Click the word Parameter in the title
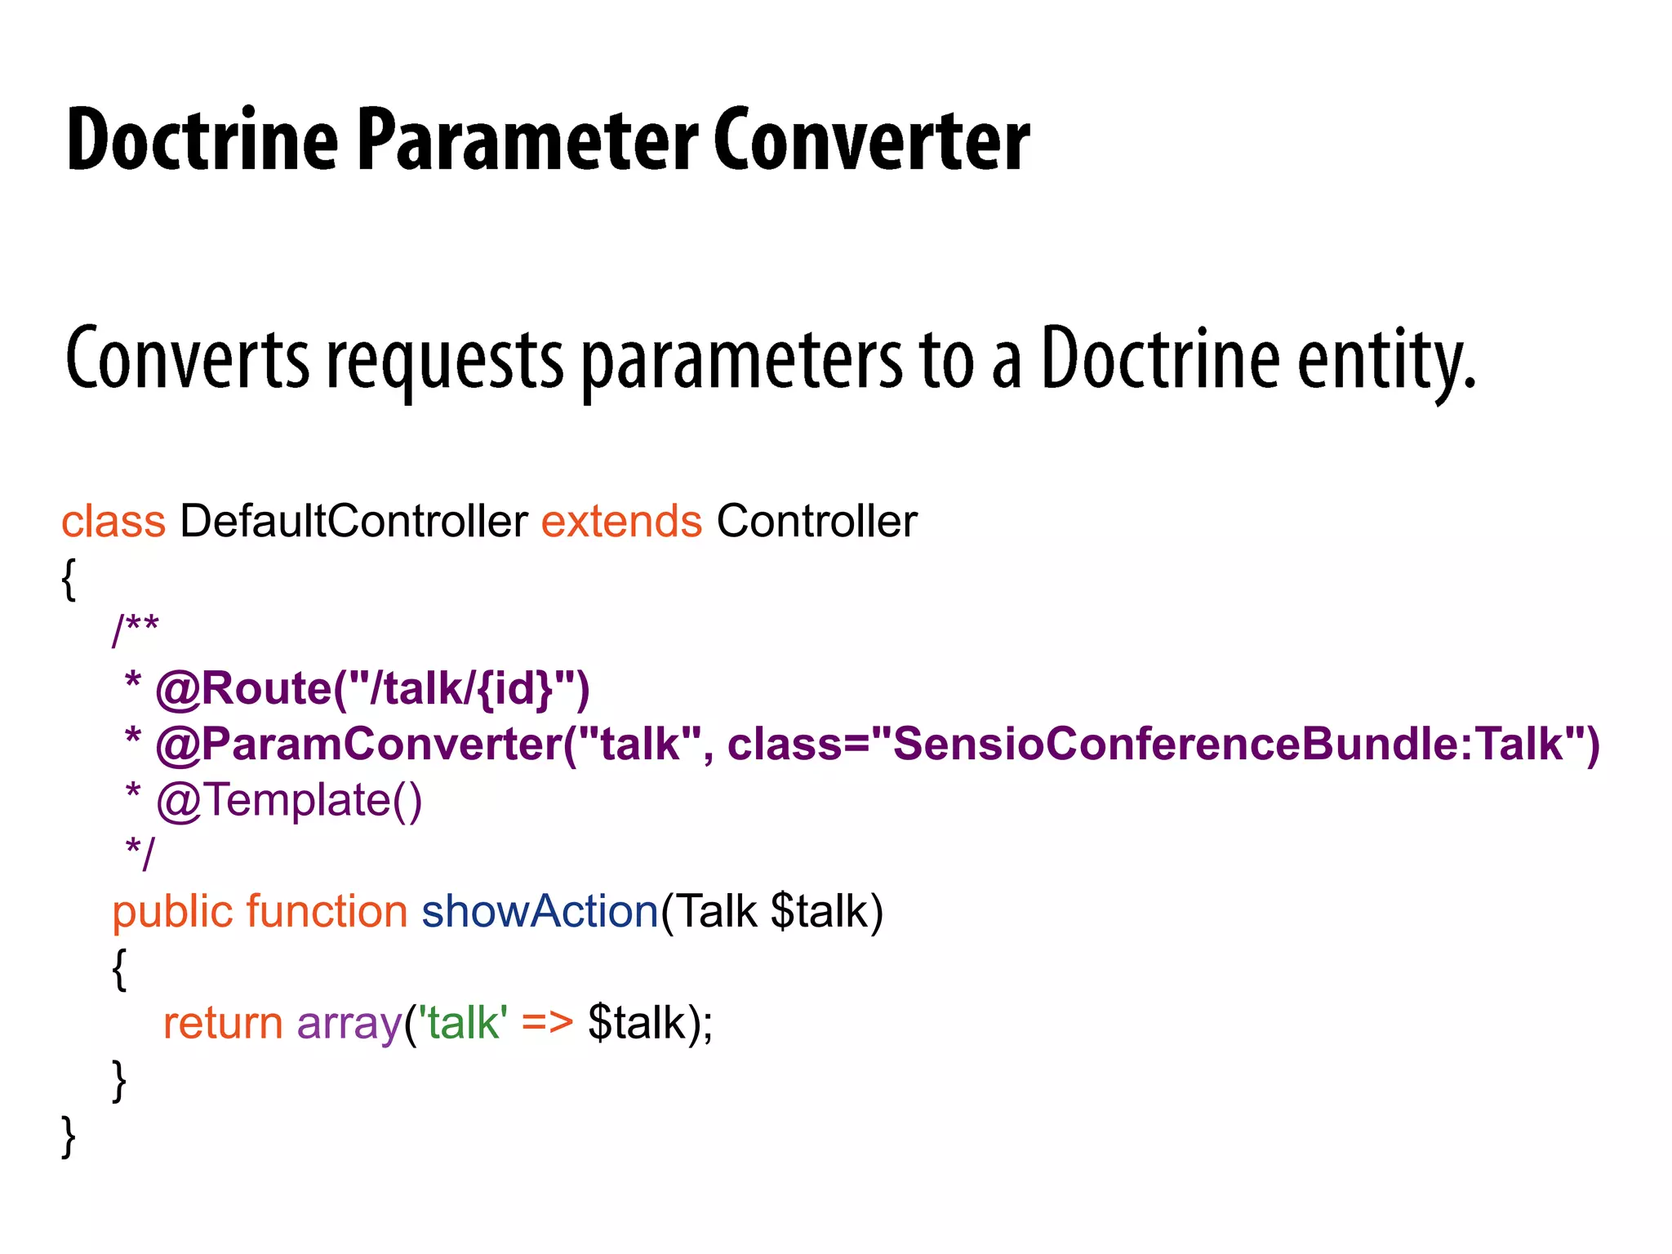(527, 140)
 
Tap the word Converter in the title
(871, 140)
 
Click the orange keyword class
(113, 521)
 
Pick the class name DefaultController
(354, 521)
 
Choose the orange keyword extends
(621, 521)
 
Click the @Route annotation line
(371, 688)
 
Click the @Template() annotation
(289, 799)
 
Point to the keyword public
(172, 911)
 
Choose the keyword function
(327, 911)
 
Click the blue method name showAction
(540, 911)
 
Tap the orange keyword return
(223, 1023)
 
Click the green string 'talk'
(463, 1023)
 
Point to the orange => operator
(547, 1023)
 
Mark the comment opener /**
(136, 629)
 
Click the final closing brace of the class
(69, 1136)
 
